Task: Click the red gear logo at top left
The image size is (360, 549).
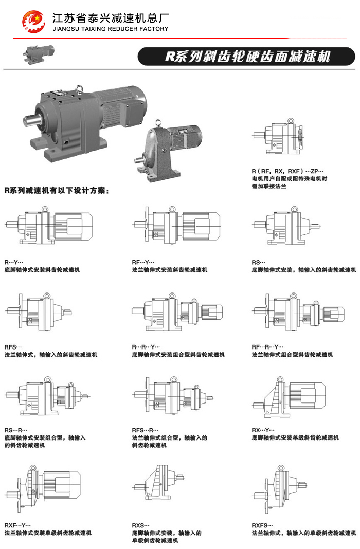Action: pos(33,22)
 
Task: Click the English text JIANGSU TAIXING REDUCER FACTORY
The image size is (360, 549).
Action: pos(111,29)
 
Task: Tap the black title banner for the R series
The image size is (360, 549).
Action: pos(246,57)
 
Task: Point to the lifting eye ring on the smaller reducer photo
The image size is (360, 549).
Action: pos(158,122)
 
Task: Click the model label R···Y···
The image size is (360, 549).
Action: pos(14,262)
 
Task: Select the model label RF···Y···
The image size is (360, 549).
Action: pos(143,262)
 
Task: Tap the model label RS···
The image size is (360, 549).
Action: pos(259,262)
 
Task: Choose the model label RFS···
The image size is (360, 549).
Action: pos(13,347)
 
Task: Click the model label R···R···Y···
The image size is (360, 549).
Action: pos(146,347)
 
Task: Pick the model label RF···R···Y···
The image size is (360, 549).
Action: pos(267,347)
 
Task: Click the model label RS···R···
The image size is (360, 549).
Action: pos(16,430)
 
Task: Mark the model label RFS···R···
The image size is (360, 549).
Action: pos(145,430)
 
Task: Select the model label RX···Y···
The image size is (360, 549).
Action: pos(263,430)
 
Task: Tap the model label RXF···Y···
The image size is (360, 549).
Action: pos(17,525)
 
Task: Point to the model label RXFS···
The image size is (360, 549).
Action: pos(262,525)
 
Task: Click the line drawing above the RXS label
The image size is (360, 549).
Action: pos(158,483)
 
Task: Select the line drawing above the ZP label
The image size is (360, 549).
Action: pos(278,137)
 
